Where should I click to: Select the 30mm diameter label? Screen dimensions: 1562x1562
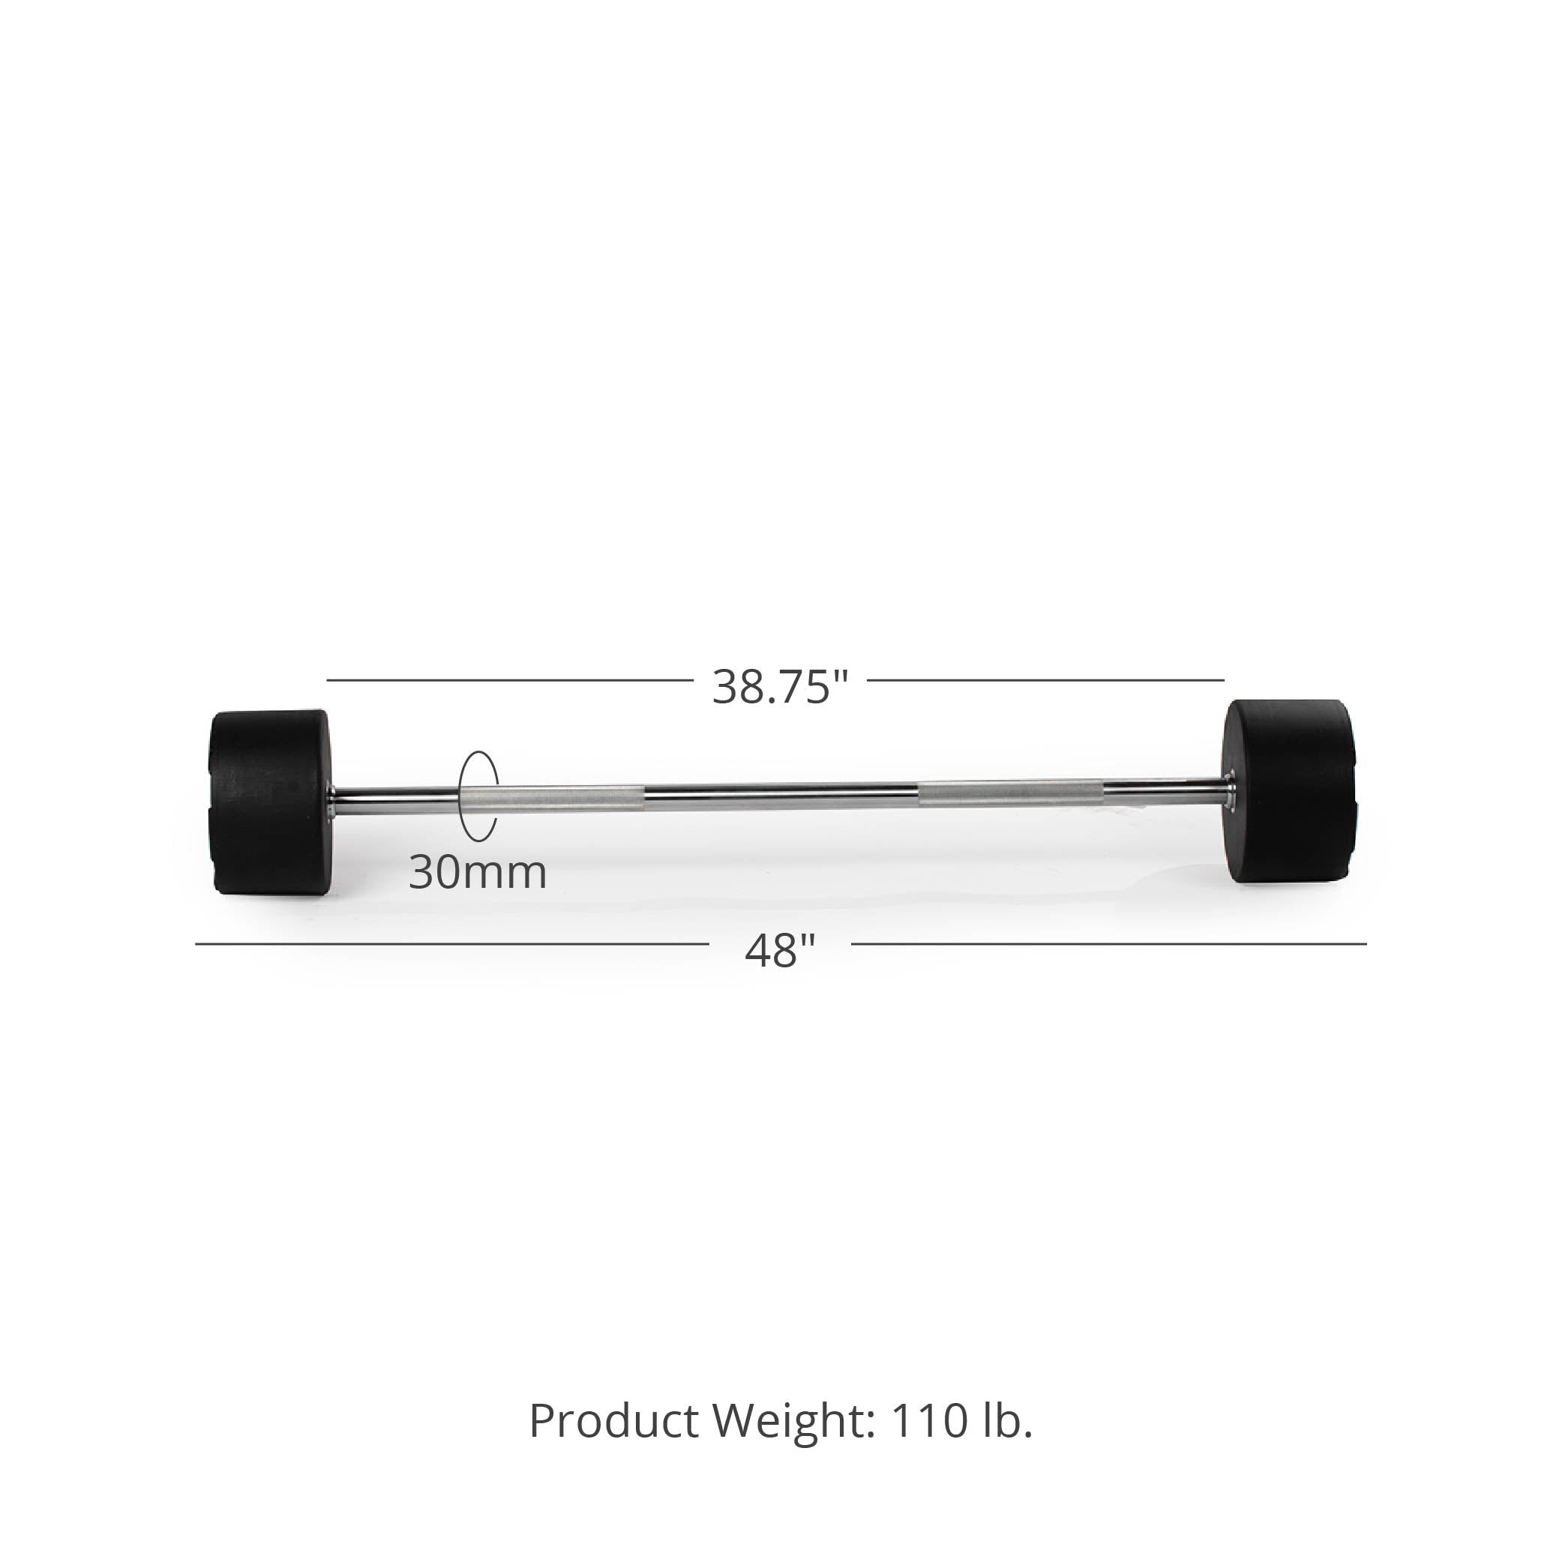[x=477, y=872]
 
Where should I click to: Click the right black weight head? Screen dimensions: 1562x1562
[x=1289, y=790]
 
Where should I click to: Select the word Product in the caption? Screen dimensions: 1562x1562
[x=613, y=1420]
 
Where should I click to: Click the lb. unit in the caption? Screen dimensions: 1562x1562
[x=1007, y=1420]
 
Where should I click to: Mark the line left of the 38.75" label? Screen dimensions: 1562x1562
[x=509, y=680]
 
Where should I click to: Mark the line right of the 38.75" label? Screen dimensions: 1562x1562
[x=1045, y=680]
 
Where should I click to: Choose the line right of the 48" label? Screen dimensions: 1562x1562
[x=1108, y=943]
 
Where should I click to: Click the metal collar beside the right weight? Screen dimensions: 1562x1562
[x=1228, y=787]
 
